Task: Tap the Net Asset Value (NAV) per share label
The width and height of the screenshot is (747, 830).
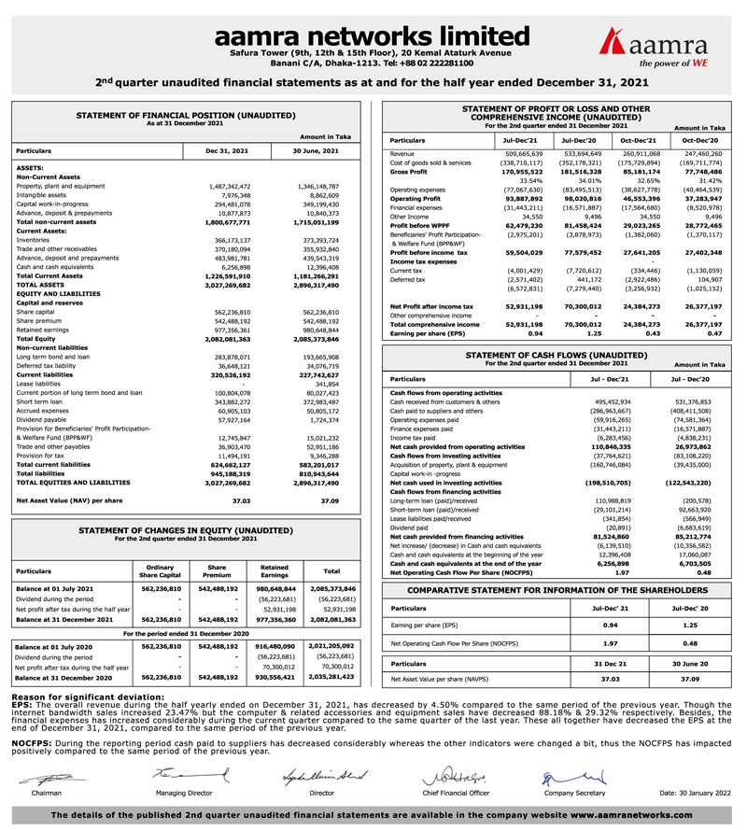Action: coord(72,500)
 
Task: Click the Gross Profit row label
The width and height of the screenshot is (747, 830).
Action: coord(409,172)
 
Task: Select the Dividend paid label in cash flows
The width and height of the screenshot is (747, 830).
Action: coord(412,528)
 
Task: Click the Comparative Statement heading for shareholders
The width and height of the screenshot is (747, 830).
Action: coord(557,591)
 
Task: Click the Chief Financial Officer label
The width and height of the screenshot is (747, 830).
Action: coord(456,792)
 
